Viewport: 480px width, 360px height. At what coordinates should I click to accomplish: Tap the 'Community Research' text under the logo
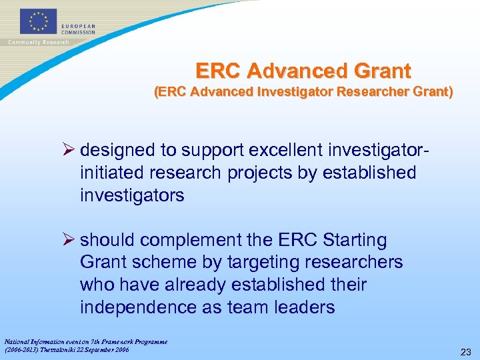[39, 42]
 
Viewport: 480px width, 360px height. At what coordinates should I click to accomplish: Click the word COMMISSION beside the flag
[79, 32]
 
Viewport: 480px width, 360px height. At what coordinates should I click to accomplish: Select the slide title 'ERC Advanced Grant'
[303, 70]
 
